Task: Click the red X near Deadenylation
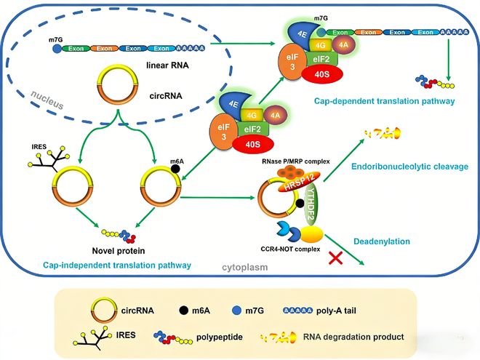click(336, 258)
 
